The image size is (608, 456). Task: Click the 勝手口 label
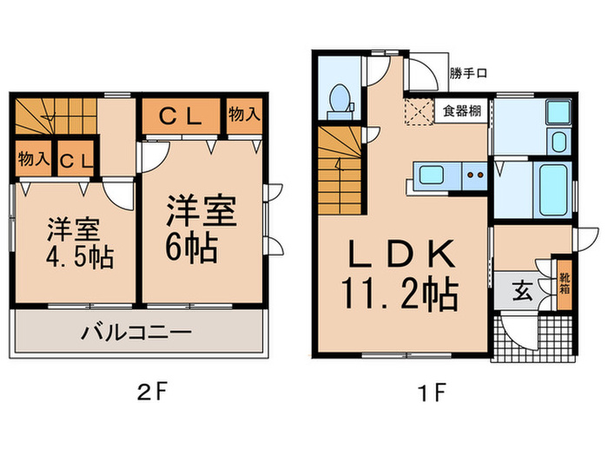coord(469,73)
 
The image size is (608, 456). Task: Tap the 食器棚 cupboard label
coord(460,110)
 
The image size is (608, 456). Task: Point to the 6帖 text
coord(193,246)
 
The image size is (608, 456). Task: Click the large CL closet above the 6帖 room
coord(184,117)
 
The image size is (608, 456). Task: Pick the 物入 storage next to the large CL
coord(243,116)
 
